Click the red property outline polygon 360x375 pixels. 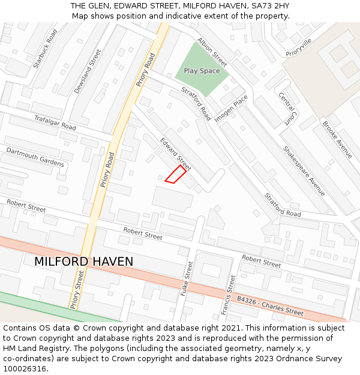pos(175,174)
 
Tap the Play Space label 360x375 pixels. pos(202,71)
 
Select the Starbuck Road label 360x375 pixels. pos(46,48)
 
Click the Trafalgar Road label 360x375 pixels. pos(55,123)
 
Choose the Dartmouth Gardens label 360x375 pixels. pos(35,157)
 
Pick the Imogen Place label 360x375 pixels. pos(231,109)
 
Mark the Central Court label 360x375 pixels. pos(287,108)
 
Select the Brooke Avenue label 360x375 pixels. pos(337,140)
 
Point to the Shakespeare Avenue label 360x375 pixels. pos(304,171)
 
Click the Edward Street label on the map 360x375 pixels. pos(175,154)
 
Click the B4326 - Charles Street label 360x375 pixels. pos(270,305)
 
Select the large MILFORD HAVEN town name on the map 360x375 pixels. pos(83,262)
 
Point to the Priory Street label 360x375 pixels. pos(77,289)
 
